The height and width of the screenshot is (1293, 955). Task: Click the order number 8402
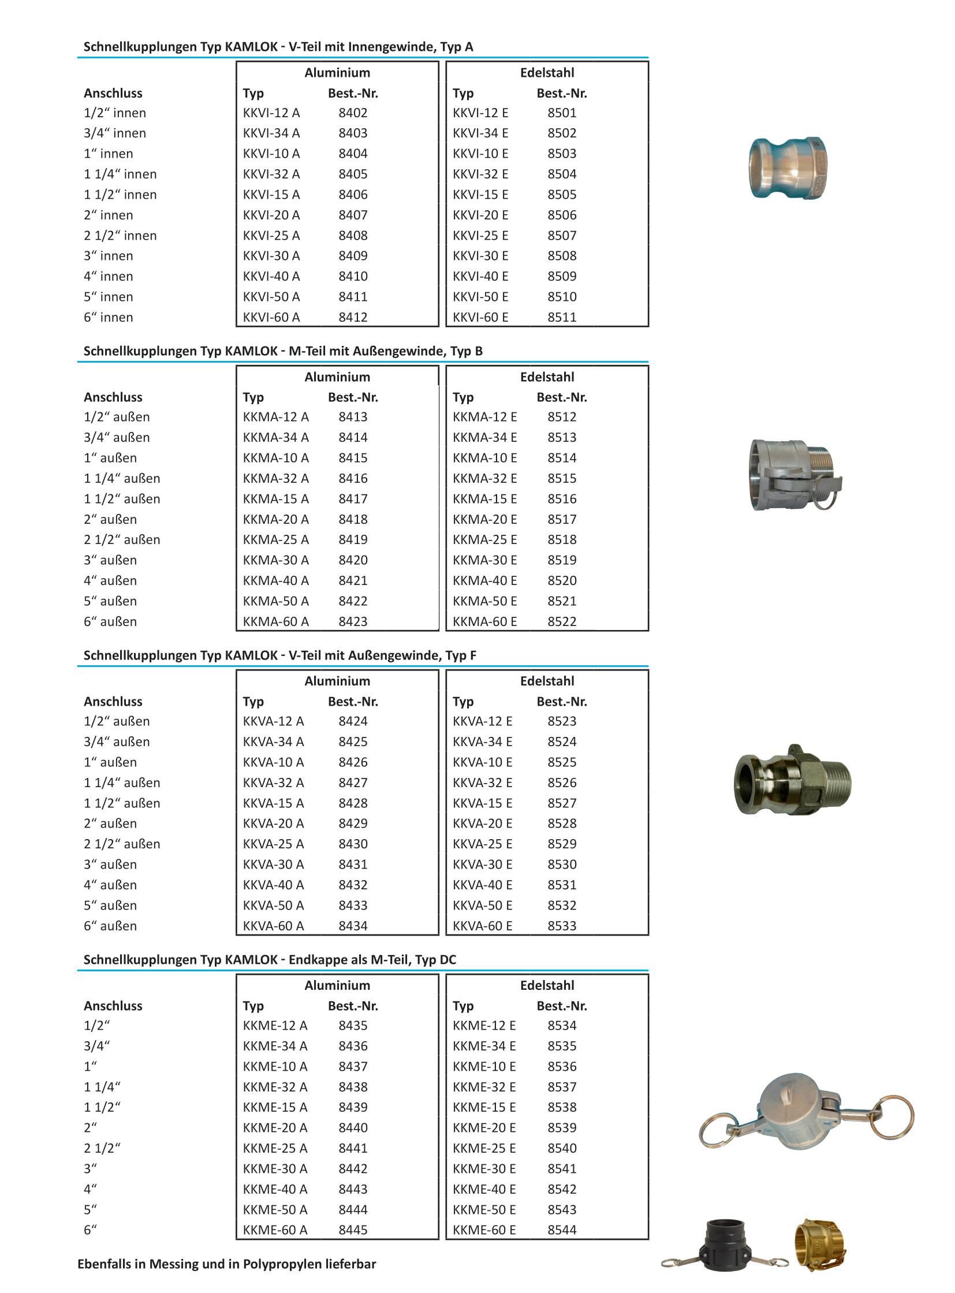(x=353, y=113)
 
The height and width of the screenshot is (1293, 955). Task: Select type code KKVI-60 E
(x=480, y=318)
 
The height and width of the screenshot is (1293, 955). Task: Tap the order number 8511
(x=562, y=318)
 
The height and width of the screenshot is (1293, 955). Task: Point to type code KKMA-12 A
(x=276, y=417)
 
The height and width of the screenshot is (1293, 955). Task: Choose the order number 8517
(x=562, y=519)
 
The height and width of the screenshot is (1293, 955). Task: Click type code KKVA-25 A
(x=274, y=844)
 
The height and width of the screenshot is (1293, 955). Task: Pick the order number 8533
(x=562, y=926)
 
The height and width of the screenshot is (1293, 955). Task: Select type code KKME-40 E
(x=484, y=1189)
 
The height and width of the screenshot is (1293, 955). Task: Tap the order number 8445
(x=353, y=1230)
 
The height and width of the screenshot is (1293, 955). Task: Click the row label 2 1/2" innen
(x=120, y=236)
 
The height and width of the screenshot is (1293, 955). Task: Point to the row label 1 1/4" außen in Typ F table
(x=122, y=782)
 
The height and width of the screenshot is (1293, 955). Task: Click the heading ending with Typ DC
(x=270, y=959)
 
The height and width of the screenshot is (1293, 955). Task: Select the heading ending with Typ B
(x=283, y=351)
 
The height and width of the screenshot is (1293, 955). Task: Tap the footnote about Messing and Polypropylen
(x=226, y=1264)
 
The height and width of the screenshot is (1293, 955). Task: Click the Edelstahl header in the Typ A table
(x=547, y=73)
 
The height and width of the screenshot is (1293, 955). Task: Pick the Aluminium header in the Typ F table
(x=337, y=681)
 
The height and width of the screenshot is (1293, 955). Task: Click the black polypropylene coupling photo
(x=725, y=1245)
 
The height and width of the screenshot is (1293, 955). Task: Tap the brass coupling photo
(x=820, y=1244)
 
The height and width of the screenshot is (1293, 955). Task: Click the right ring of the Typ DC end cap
(x=893, y=1116)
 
